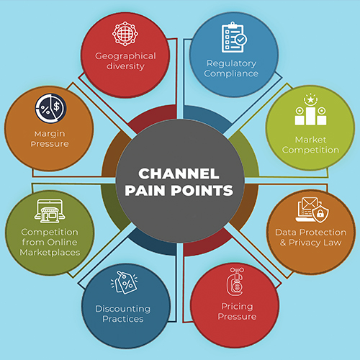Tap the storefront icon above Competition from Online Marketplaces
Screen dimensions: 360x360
click(50, 210)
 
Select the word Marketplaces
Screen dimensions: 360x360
click(50, 252)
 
